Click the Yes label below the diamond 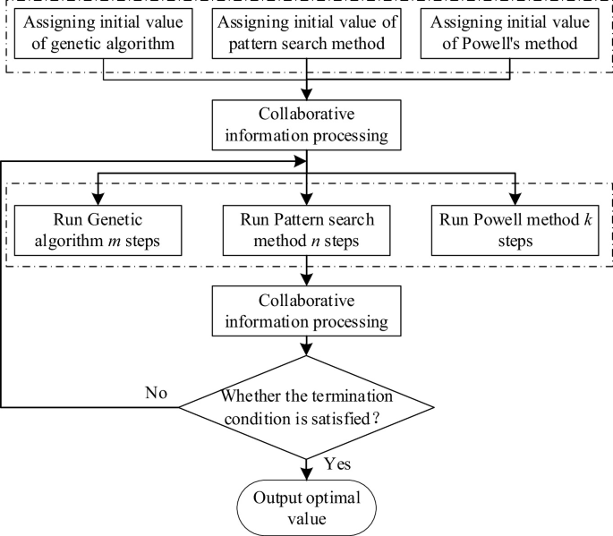(336, 464)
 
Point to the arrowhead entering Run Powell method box (516, 200)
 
